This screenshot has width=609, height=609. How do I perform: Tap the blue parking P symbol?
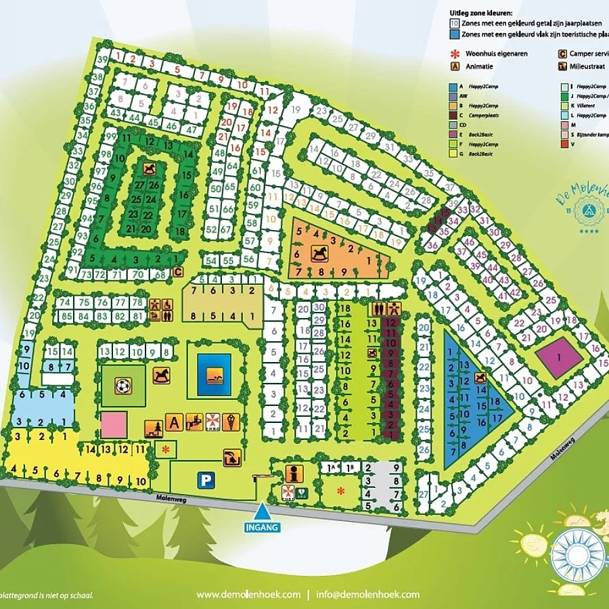204,480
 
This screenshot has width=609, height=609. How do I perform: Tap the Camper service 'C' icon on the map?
178,272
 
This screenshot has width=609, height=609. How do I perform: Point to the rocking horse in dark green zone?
148,167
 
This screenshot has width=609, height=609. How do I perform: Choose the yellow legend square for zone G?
453,154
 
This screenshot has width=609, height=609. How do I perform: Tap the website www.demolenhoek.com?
248,595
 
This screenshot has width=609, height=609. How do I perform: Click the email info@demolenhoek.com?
368,595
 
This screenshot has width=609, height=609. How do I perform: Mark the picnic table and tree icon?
153,429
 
